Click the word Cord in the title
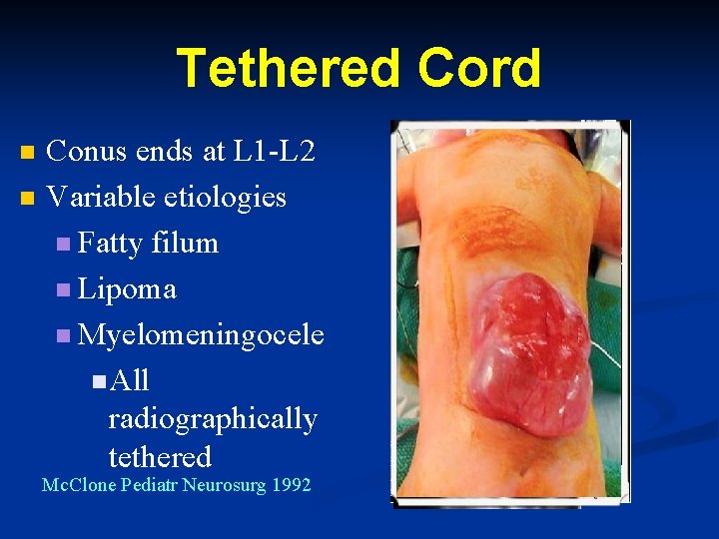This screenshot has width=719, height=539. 480,69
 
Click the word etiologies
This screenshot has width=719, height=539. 220,197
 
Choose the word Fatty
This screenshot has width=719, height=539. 111,243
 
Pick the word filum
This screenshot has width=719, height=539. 186,243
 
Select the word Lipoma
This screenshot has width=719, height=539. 127,288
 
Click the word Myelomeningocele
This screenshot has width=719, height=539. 201,334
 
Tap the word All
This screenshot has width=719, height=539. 130,380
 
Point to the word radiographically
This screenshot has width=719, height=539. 212,419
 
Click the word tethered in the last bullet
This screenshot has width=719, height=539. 160,457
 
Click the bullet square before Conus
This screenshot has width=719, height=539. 27,153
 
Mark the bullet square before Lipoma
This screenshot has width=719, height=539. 65,290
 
